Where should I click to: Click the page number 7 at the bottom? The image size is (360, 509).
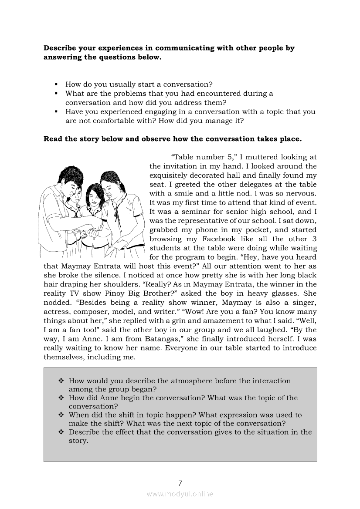[180, 483]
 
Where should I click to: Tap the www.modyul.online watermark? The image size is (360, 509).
[180, 494]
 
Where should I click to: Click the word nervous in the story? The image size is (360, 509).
[302, 193]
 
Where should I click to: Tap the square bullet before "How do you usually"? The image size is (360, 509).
[56, 84]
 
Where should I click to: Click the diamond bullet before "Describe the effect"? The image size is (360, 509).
[61, 432]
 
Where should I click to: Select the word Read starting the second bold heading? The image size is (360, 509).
[53, 139]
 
